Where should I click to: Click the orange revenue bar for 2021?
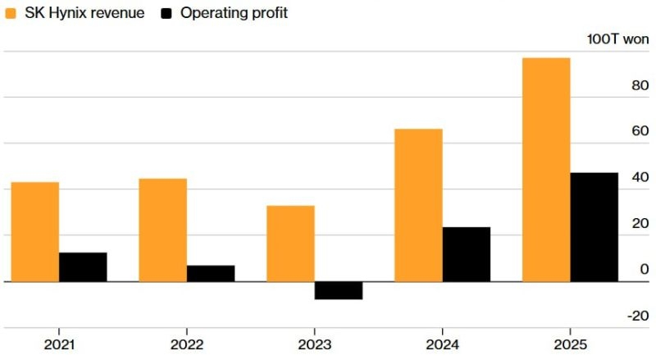[x=35, y=232]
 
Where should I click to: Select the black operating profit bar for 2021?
[x=83, y=267]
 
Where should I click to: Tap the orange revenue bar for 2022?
[x=162, y=230]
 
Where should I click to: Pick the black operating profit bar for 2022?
[x=211, y=274]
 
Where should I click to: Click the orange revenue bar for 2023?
[x=290, y=244]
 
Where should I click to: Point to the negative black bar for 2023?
[x=339, y=290]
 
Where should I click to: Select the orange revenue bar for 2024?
[x=418, y=205]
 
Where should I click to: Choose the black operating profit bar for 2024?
[x=467, y=254]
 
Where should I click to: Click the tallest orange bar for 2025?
[x=546, y=170]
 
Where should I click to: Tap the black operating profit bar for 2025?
[x=594, y=227]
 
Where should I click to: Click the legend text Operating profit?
[x=234, y=13]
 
